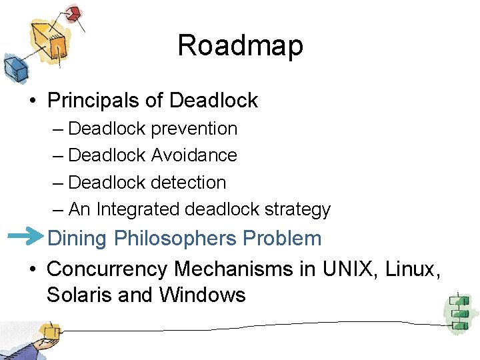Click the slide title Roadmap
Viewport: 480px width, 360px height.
click(240, 46)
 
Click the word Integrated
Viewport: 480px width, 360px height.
click(138, 209)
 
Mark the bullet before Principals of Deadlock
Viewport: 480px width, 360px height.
click(31, 101)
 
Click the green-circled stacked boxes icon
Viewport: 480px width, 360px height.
click(458, 310)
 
